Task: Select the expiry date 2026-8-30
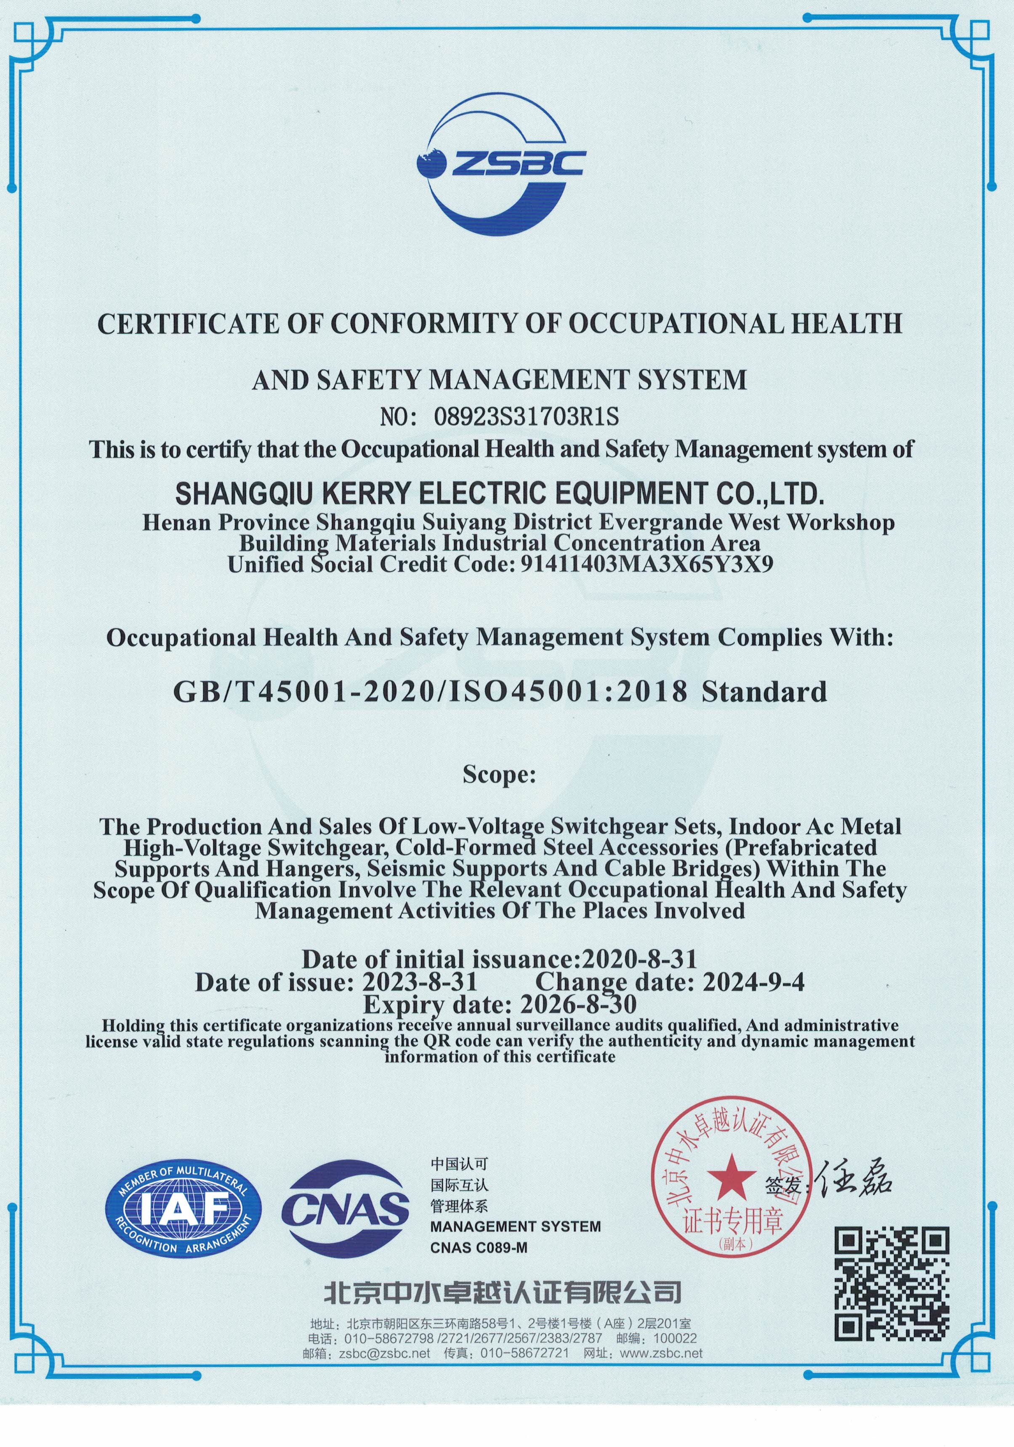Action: (578, 1003)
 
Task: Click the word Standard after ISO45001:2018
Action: (764, 692)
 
